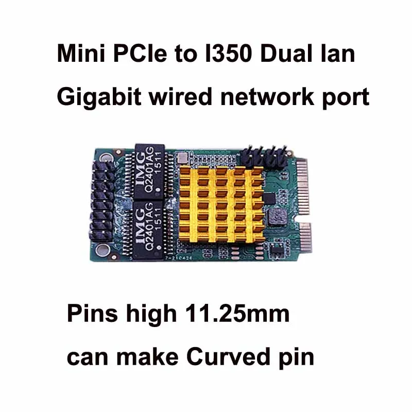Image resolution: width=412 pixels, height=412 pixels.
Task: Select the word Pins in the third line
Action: pos(89,314)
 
